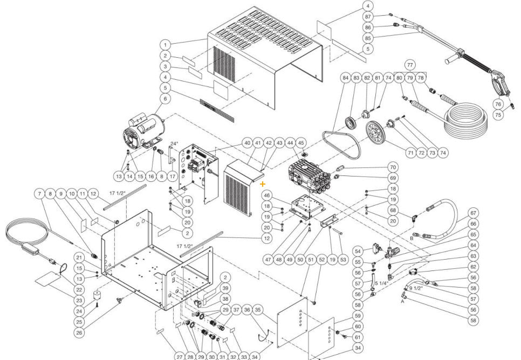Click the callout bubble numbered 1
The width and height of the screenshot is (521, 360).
[x=165, y=45]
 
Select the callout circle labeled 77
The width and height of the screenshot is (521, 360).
[x=409, y=65]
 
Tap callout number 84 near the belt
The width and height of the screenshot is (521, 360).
[x=345, y=78]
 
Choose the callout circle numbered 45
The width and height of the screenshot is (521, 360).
[x=301, y=143]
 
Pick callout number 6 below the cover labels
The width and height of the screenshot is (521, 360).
[x=165, y=99]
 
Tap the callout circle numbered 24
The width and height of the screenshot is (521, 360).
[x=79, y=311]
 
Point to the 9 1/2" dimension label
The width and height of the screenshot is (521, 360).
[x=416, y=288]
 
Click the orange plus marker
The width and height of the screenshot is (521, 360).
[x=263, y=184]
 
